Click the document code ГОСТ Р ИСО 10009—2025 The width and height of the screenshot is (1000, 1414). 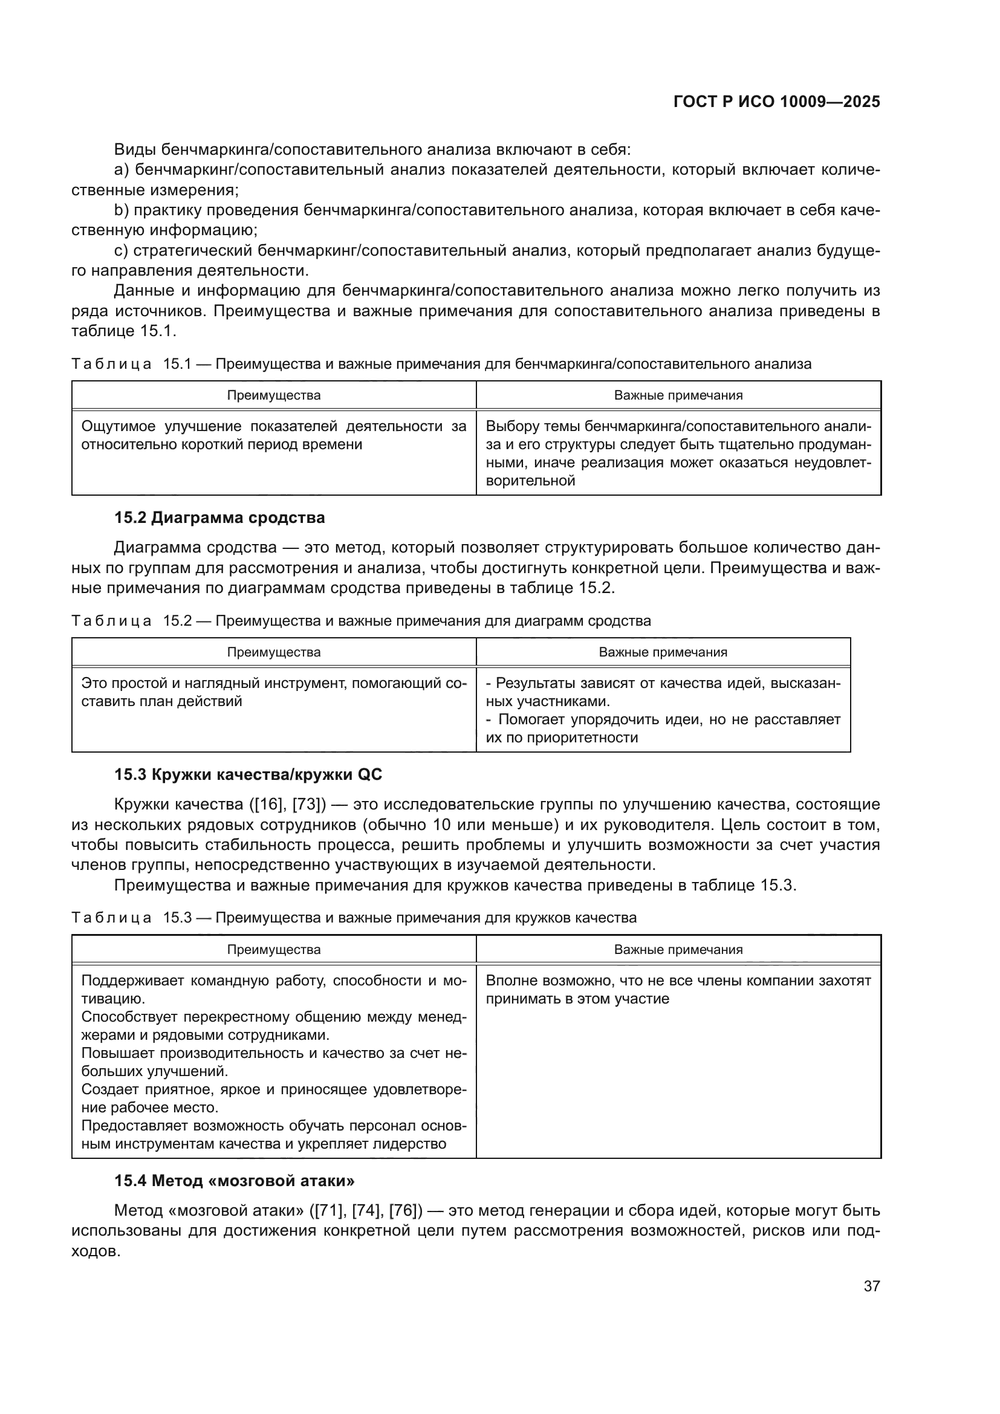coord(776,102)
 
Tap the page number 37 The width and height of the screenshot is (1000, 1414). coord(871,1286)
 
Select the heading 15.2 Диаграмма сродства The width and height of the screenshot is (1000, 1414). coord(219,518)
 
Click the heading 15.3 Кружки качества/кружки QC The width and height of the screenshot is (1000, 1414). coord(247,775)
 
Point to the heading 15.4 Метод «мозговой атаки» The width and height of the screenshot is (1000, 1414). coord(234,1181)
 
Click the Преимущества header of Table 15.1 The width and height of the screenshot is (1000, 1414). coord(273,395)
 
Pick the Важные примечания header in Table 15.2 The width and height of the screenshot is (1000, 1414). coord(663,652)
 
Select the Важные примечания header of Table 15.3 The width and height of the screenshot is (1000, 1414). coord(678,950)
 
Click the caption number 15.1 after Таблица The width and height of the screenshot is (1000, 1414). coord(177,364)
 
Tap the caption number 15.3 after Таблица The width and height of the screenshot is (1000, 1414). coord(177,918)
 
